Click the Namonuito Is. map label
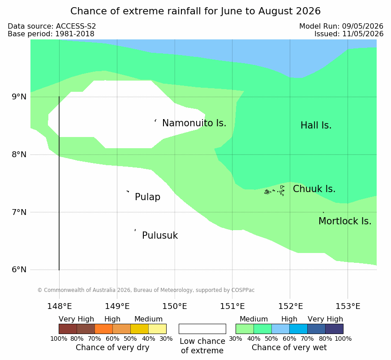pyautogui.click(x=194, y=123)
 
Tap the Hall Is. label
pyautogui.click(x=316, y=125)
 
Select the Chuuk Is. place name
pyautogui.click(x=314, y=189)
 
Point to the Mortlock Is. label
pyautogui.click(x=345, y=221)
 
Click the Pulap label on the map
pyautogui.click(x=147, y=197)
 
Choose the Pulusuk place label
pyautogui.click(x=160, y=236)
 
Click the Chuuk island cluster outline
pyautogui.click(x=274, y=191)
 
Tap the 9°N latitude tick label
pyautogui.click(x=19, y=97)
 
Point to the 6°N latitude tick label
pyautogui.click(x=19, y=270)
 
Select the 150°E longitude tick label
pyautogui.click(x=175, y=306)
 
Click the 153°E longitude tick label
pyautogui.click(x=348, y=306)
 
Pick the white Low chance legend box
pyautogui.click(x=202, y=329)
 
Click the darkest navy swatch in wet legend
pyautogui.click(x=334, y=329)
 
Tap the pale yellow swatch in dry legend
pyautogui.click(x=157, y=329)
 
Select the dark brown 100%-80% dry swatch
pyautogui.click(x=68, y=329)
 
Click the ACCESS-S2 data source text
pyautogui.click(x=76, y=26)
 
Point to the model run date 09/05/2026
pyautogui.click(x=363, y=26)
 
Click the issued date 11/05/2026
pyautogui.click(x=363, y=34)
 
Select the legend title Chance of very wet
pyautogui.click(x=289, y=347)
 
